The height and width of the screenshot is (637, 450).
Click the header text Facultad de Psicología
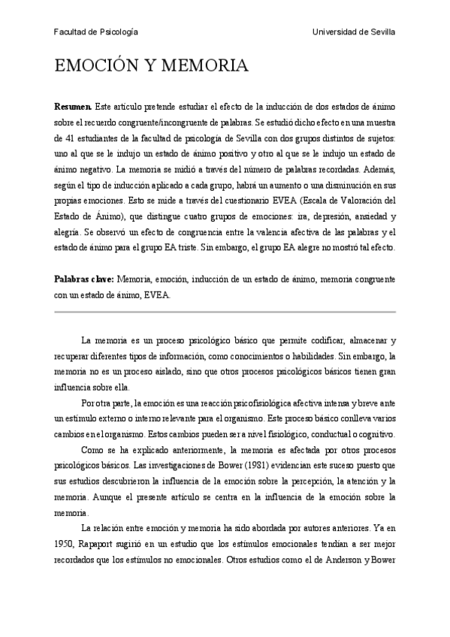(95, 32)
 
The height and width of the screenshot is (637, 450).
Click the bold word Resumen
(73, 108)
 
